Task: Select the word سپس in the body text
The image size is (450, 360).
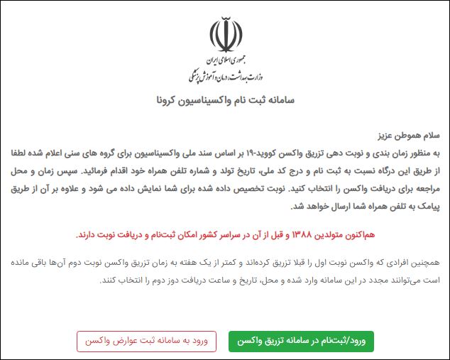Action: point(65,171)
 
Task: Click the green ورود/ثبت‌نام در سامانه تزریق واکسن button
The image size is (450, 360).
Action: point(301,341)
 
